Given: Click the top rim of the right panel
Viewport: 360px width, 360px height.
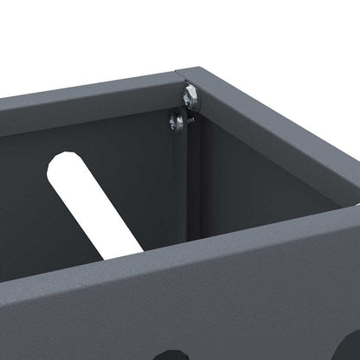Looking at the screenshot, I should tap(277, 121).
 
